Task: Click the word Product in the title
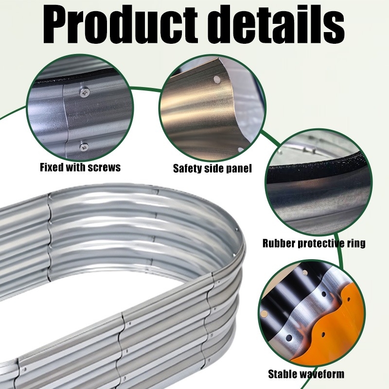pyautogui.click(x=120, y=25)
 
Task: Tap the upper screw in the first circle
pyautogui.click(x=85, y=92)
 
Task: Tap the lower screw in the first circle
pyautogui.click(x=84, y=147)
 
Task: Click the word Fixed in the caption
pyautogui.click(x=52, y=167)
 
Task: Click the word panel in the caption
pyautogui.click(x=239, y=169)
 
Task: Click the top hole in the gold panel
pyautogui.click(x=217, y=79)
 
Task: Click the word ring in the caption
pyautogui.click(x=356, y=244)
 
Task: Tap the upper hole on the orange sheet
pyautogui.click(x=349, y=300)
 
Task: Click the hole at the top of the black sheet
pyautogui.click(x=305, y=273)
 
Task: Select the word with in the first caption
pyautogui.click(x=76, y=167)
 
